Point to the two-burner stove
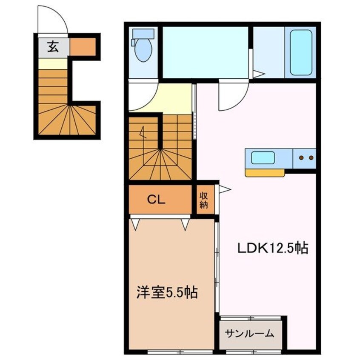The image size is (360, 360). [x=305, y=158]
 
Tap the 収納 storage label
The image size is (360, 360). [x=204, y=200]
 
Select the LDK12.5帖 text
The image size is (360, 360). [x=273, y=248]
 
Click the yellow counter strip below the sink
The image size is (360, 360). [x=264, y=173]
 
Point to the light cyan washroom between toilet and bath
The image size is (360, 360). [x=205, y=51]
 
